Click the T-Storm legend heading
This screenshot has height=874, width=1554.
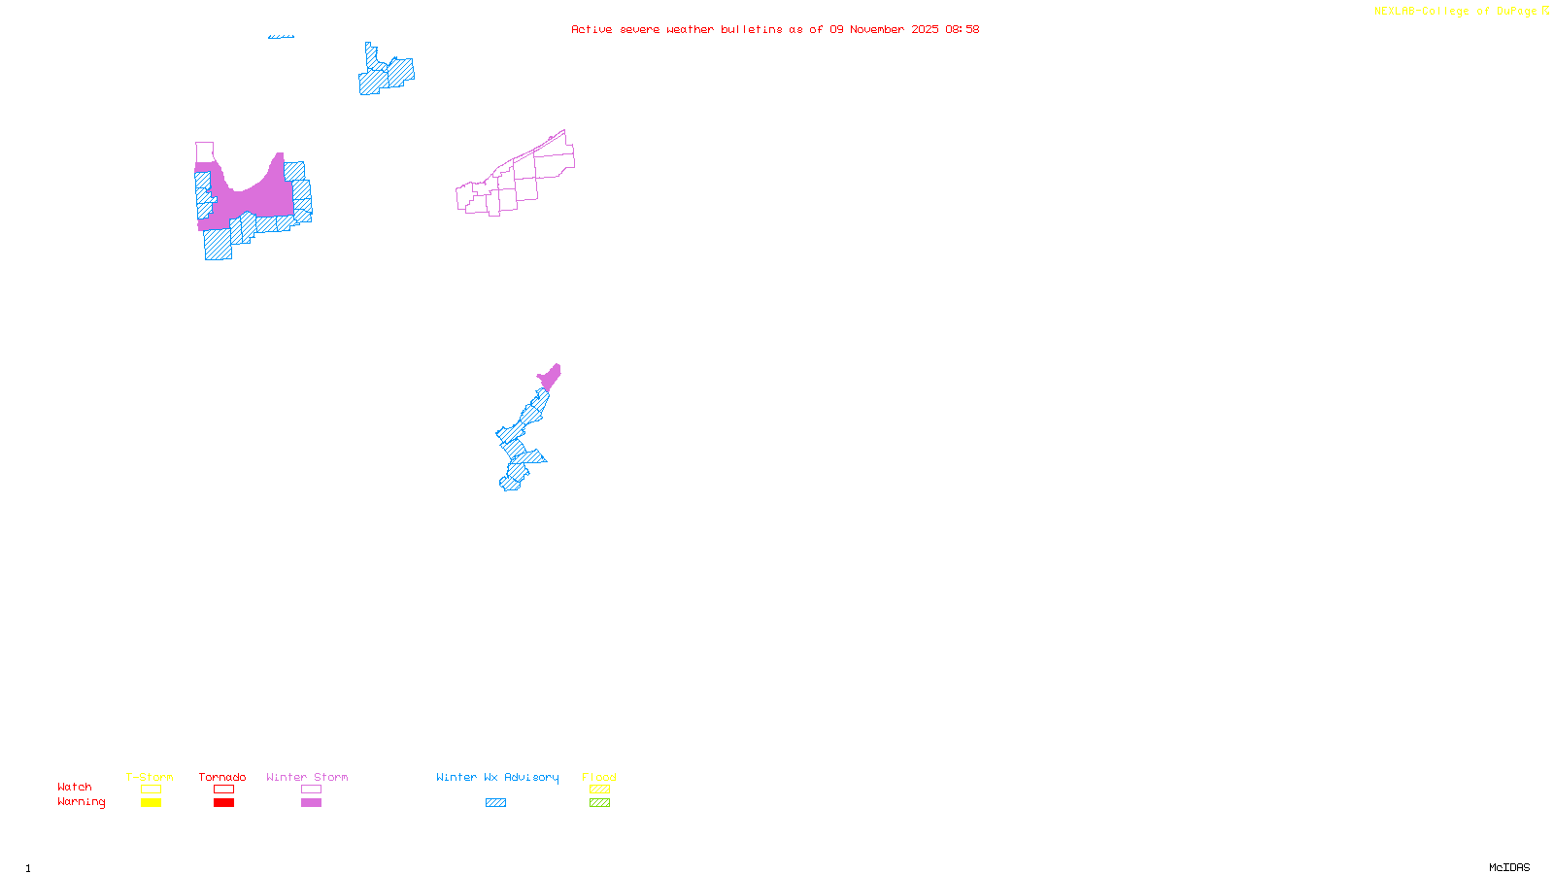[150, 777]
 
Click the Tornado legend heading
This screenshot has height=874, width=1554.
[222, 777]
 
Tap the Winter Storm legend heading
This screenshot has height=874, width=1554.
[307, 777]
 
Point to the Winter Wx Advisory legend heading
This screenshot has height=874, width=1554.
[497, 777]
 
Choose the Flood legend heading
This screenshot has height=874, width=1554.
[599, 777]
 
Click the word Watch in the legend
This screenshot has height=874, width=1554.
[75, 787]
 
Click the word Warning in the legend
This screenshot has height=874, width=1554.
[82, 802]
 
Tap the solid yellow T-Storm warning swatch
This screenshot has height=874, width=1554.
[151, 803]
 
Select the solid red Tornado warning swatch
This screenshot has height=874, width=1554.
[223, 803]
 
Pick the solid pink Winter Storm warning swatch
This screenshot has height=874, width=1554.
[311, 803]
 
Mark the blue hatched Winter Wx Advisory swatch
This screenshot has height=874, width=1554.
[495, 803]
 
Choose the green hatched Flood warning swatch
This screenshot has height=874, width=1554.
[599, 803]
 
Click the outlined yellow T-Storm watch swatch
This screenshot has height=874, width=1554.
[151, 790]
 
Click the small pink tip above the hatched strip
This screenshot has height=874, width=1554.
[551, 376]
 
